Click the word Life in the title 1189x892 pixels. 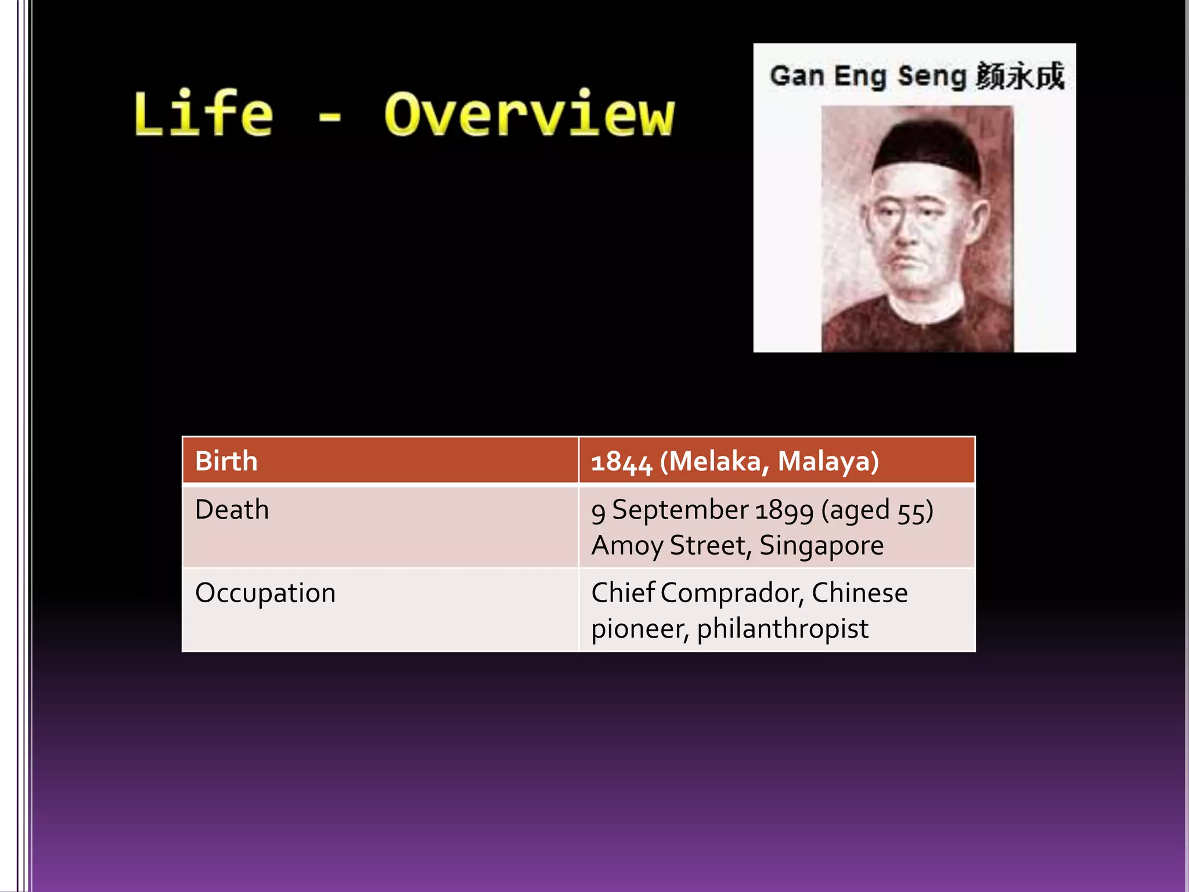coord(203,114)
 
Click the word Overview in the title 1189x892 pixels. coord(529,114)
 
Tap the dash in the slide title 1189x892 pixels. coord(330,118)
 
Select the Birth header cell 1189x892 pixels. coord(226,461)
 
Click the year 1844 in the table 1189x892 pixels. coord(621,462)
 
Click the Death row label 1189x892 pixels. coord(232,510)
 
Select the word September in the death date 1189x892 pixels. coord(680,510)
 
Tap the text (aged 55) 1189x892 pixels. coord(877,510)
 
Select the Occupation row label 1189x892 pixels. coord(265,593)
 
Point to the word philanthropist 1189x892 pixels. coord(783,629)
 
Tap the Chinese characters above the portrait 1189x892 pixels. coord(1020,76)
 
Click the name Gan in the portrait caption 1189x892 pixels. coord(797,76)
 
